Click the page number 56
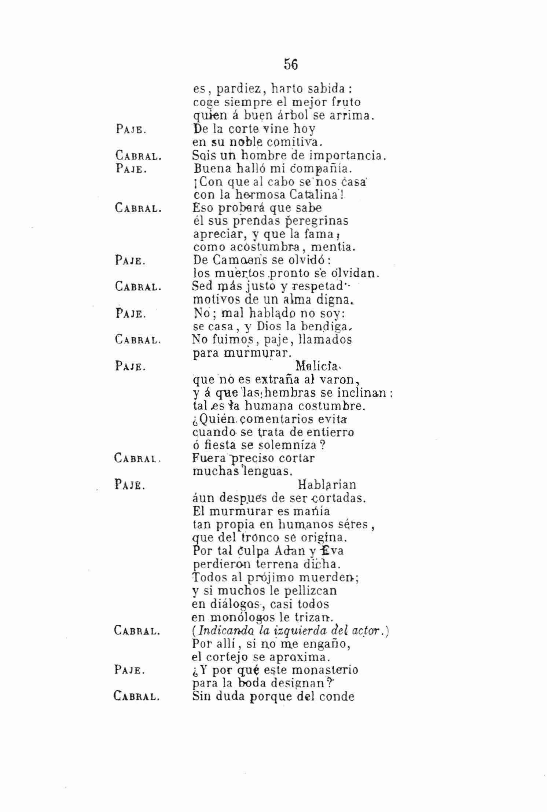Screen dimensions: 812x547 (291, 65)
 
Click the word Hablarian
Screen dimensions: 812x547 (327, 485)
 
